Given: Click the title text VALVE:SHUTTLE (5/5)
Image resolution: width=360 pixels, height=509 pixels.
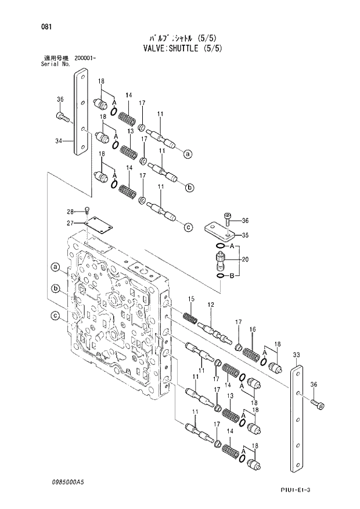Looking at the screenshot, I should pyautogui.click(x=180, y=48).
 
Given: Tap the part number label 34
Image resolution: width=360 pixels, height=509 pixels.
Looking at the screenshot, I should pyautogui.click(x=59, y=141).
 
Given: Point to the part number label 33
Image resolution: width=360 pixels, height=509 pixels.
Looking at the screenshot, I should pyautogui.click(x=296, y=354).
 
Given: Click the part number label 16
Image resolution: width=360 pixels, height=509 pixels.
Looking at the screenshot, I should pyautogui.click(x=253, y=329).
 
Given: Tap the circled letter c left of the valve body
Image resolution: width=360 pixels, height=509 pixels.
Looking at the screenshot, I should pyautogui.click(x=55, y=316).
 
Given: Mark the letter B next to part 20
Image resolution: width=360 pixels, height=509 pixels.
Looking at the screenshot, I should pyautogui.click(x=232, y=275).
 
